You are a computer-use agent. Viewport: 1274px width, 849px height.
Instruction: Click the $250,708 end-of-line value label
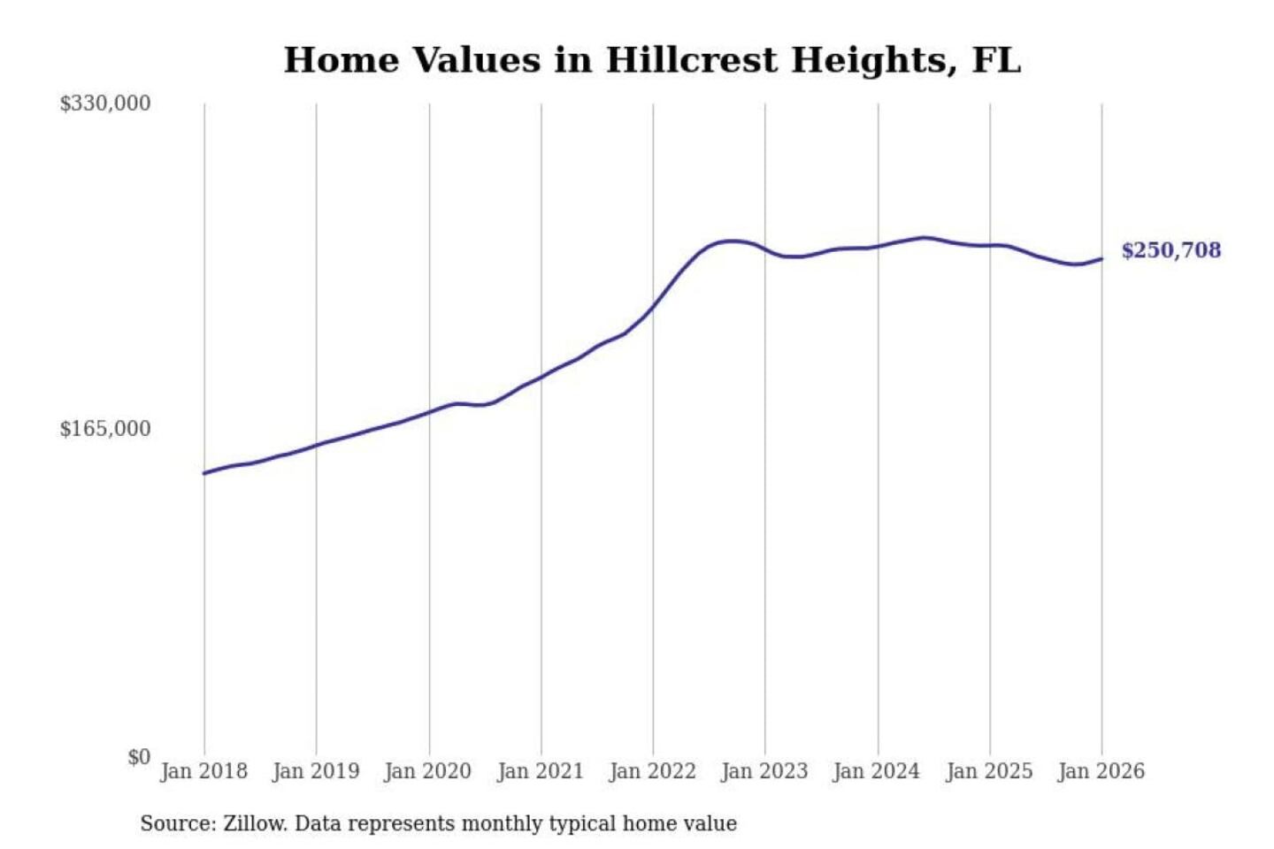(x=1170, y=250)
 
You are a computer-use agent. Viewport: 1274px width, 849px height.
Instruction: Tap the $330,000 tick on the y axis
(x=105, y=103)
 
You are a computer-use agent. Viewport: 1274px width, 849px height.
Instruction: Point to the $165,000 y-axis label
(x=105, y=429)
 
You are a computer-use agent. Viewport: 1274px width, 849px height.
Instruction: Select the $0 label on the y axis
(x=139, y=757)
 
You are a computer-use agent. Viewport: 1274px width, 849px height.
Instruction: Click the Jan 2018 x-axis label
(x=203, y=771)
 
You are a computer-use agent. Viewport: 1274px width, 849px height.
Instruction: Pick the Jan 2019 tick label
(x=316, y=771)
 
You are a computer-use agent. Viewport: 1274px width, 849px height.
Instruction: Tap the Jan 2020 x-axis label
(x=428, y=771)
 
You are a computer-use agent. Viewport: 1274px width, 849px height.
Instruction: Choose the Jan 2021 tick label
(x=541, y=771)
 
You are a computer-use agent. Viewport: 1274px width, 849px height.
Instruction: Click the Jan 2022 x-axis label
(x=653, y=771)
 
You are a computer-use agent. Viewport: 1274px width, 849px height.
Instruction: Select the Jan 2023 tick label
(x=764, y=771)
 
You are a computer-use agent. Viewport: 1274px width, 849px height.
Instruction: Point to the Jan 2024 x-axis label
(x=877, y=771)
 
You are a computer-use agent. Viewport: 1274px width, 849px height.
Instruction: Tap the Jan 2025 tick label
(x=989, y=771)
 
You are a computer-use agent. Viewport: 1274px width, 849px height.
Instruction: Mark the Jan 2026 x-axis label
(x=1101, y=771)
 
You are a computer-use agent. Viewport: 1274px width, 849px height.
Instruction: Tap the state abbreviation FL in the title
(x=996, y=60)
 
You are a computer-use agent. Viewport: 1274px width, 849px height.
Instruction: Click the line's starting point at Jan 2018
(x=204, y=473)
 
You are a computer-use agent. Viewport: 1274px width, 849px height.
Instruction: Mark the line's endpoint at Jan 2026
(x=1101, y=259)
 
